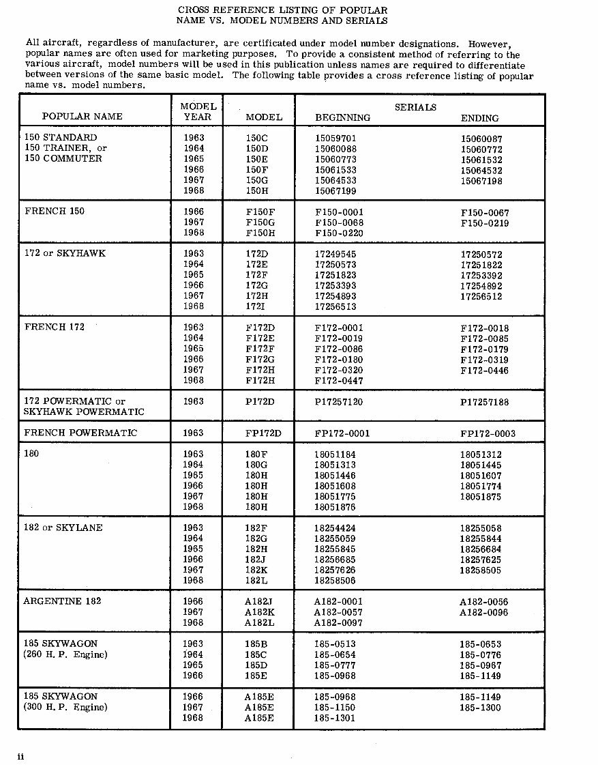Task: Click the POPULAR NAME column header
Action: (82, 117)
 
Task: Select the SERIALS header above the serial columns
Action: (415, 107)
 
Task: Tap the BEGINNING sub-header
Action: (342, 117)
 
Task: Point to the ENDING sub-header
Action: (479, 118)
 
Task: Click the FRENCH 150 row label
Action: (55, 211)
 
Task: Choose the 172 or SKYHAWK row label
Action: (65, 253)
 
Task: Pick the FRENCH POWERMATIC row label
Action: (80, 433)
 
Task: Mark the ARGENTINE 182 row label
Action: (61, 601)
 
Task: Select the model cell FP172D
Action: (263, 433)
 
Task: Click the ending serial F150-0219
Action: (484, 222)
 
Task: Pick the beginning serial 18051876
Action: (335, 507)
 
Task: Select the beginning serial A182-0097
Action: (338, 623)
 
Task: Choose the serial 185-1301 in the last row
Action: (335, 718)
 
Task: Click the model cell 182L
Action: (257, 580)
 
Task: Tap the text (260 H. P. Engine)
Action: (65, 655)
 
